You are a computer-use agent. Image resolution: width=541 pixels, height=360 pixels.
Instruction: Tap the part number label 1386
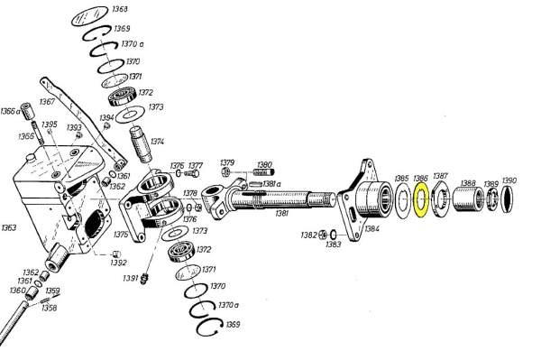tap(421, 179)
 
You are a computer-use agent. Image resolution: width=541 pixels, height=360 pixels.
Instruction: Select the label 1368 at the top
tap(119, 11)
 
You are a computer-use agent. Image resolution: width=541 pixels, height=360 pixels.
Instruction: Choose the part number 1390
tap(509, 180)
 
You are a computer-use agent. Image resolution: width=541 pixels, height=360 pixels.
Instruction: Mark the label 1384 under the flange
tap(372, 228)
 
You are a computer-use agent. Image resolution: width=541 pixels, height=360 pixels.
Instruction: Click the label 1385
tap(402, 179)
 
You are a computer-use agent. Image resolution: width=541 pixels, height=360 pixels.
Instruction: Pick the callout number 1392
tap(119, 263)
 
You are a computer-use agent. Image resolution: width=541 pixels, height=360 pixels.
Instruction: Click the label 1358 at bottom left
tap(49, 308)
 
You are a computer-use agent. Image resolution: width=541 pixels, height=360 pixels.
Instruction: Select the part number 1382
tap(308, 235)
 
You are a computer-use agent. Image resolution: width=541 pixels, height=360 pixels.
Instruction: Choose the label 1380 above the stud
tap(263, 164)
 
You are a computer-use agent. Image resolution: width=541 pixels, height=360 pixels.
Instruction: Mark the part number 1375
tap(120, 235)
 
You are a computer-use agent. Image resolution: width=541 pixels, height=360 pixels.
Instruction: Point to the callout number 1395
tap(50, 125)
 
